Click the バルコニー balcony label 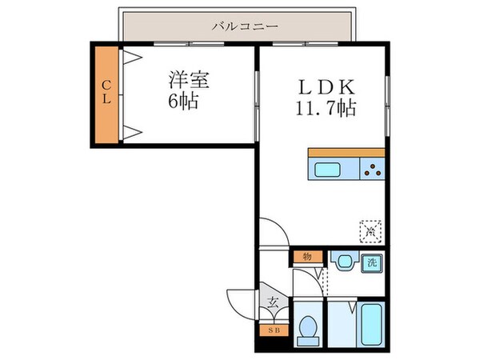coord(245,26)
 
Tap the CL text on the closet coord(105,95)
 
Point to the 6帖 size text coord(183,102)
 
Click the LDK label coord(320,84)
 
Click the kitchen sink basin coord(328,169)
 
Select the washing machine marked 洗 coord(371,262)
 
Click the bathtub coord(370,326)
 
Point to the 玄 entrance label coord(273,302)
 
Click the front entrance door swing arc coord(242,300)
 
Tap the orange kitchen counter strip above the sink coord(346,152)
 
